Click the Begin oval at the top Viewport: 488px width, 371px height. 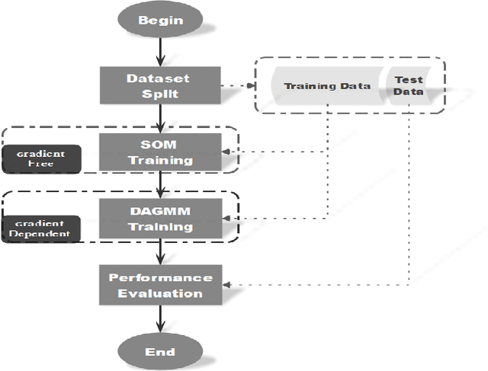click(159, 21)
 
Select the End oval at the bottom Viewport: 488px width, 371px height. click(159, 351)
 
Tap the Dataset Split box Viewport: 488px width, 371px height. click(159, 85)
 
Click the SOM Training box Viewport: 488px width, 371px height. click(159, 152)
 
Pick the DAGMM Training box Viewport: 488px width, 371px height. click(159, 218)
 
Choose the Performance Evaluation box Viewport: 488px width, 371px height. click(159, 285)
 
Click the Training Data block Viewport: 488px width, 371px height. click(326, 86)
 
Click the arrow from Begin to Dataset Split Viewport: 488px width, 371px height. click(159, 52)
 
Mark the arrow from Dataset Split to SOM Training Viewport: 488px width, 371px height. click(159, 118)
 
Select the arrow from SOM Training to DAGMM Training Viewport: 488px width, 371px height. click(159, 185)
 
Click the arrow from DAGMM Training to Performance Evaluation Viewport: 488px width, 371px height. click(159, 251)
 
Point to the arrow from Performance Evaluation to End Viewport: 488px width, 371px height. click(159, 318)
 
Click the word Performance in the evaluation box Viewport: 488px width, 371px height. click(159, 277)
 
